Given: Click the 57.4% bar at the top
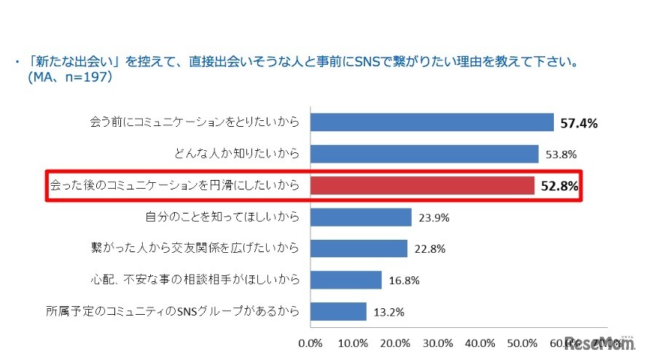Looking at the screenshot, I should point(432,122).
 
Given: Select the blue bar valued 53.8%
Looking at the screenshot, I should point(424,154).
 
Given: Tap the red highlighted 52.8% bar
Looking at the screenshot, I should point(423,185).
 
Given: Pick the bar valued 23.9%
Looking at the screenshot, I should point(361,217).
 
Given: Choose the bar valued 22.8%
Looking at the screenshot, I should point(359,249).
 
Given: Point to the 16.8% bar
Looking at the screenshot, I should point(346,280).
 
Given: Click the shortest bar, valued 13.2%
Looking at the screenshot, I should point(338,311).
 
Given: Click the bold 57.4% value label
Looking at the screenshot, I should point(579,123).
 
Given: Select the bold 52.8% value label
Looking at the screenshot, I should point(559,186).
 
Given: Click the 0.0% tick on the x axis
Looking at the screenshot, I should point(311,342).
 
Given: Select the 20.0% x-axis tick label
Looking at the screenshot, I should point(395,342).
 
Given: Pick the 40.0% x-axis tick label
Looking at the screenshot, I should point(480,342).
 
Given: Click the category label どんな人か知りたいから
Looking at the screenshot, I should point(238,154).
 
